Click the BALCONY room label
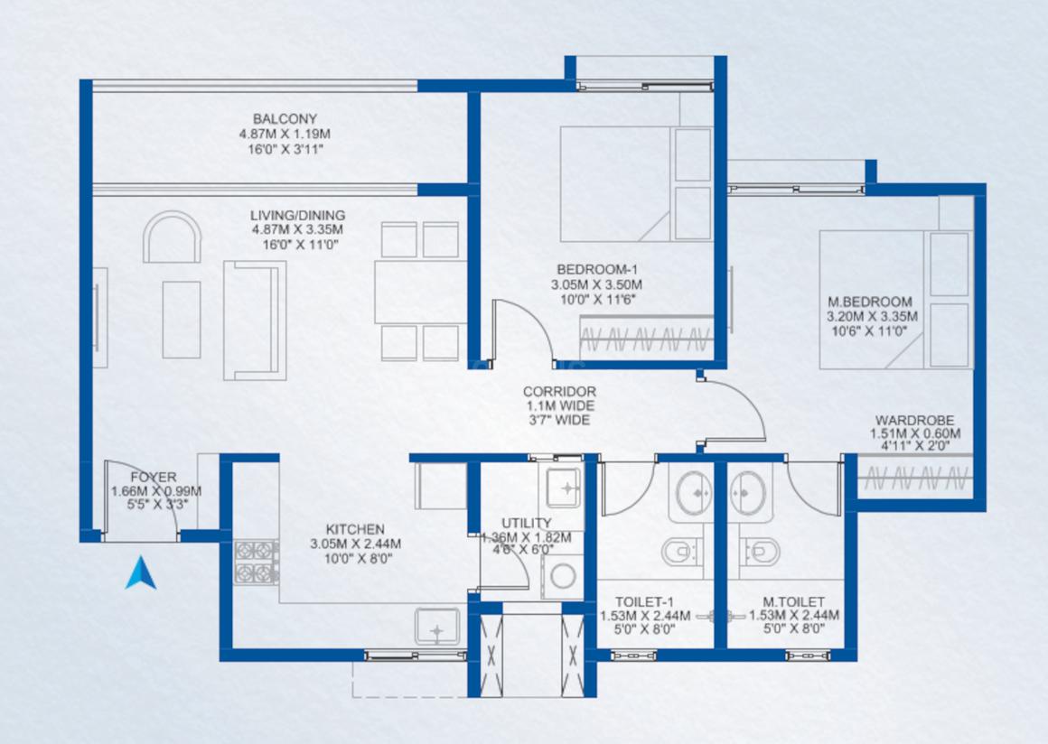click(285, 119)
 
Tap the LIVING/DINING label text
click(297, 215)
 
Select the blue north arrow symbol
click(141, 572)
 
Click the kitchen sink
click(436, 626)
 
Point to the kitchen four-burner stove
click(257, 562)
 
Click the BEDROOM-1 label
click(597, 270)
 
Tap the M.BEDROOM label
click(870, 302)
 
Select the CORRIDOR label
click(559, 391)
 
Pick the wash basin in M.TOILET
click(749, 494)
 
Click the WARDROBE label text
click(915, 421)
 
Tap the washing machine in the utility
click(562, 575)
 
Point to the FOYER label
click(154, 477)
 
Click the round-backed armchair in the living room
click(173, 237)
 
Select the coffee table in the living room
click(181, 320)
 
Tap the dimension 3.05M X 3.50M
click(597, 285)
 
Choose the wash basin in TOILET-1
click(695, 494)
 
